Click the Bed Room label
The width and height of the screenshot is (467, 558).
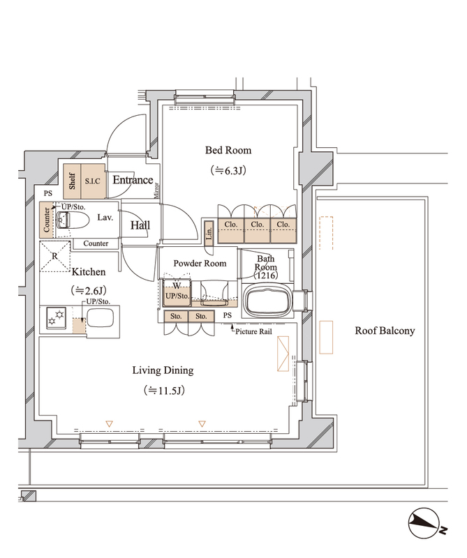click(x=228, y=150)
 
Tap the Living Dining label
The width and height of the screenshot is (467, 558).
click(x=163, y=370)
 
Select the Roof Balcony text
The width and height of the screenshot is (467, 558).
click(x=385, y=331)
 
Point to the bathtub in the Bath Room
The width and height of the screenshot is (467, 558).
click(x=267, y=301)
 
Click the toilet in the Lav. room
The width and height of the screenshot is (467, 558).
click(x=72, y=220)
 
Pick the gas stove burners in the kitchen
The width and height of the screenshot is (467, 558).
click(x=57, y=318)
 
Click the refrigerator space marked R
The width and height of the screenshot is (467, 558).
click(x=54, y=256)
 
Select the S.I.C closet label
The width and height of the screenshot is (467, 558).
click(x=93, y=181)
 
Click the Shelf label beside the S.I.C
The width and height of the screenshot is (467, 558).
click(x=73, y=181)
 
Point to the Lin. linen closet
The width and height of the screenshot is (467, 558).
click(x=209, y=233)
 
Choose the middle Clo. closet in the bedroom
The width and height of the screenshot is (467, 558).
click(x=257, y=230)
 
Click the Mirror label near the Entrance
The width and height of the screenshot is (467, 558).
click(x=156, y=190)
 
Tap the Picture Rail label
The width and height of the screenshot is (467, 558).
click(x=253, y=332)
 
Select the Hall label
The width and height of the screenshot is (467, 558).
click(x=140, y=225)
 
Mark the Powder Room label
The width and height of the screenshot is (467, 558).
click(x=200, y=264)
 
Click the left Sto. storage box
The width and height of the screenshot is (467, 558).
click(x=176, y=317)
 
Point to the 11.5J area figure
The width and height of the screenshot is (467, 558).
click(x=164, y=391)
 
